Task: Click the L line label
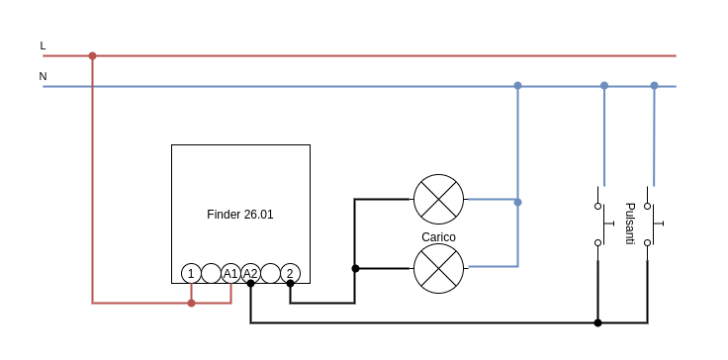pos(43,45)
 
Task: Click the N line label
pos(43,76)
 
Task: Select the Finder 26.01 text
pos(240,214)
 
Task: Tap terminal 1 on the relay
pos(191,273)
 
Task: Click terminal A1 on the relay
pos(230,273)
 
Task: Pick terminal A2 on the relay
pos(250,273)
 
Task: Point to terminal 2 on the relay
pos(290,273)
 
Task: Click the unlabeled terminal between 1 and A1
pos(211,273)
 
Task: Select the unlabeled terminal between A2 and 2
pos(270,273)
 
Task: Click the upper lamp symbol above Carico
pos(438,199)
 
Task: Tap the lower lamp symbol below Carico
pos(438,268)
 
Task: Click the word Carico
pos(438,237)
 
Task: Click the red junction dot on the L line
pos(92,55)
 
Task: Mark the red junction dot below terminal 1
pos(191,303)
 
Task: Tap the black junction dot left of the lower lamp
pos(355,268)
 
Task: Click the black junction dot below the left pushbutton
pos(597,322)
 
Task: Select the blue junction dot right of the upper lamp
pos(517,202)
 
